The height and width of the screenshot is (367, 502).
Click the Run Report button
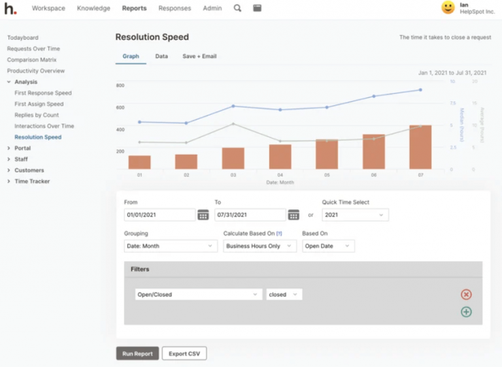click(137, 353)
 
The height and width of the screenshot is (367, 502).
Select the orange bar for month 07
click(420, 148)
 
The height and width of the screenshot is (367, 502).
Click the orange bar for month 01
click(139, 162)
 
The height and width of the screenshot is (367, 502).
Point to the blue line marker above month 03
click(233, 106)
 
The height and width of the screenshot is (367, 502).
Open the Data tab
click(161, 56)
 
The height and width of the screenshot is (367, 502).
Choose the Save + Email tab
click(199, 56)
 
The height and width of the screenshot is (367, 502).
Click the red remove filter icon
click(466, 295)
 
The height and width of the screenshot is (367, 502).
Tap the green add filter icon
click(466, 311)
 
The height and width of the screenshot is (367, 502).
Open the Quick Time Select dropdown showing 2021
click(355, 214)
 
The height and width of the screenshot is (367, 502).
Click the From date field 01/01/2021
click(159, 214)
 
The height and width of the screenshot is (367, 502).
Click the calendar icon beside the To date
click(293, 214)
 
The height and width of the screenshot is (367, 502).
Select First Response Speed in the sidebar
click(43, 93)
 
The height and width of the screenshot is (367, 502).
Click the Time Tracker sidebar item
click(32, 182)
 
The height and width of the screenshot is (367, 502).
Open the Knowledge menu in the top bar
click(93, 8)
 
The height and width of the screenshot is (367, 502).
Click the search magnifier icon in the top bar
click(237, 8)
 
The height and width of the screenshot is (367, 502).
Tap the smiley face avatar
click(448, 8)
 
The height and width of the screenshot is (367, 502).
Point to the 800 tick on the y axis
click(120, 86)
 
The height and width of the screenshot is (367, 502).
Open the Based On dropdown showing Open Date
click(328, 246)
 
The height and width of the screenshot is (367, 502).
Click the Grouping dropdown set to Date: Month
click(171, 246)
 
